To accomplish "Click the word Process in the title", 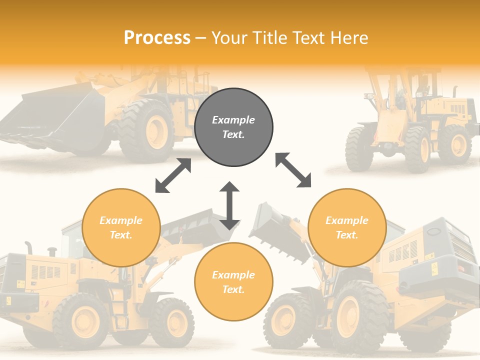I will point(157,38).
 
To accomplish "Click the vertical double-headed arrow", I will point(229,205).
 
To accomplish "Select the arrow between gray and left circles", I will point(173,175).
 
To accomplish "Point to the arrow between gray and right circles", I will point(293,170).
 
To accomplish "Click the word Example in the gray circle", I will point(233,120).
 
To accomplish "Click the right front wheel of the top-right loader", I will point(417,149).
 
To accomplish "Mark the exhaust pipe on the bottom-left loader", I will point(28,247).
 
